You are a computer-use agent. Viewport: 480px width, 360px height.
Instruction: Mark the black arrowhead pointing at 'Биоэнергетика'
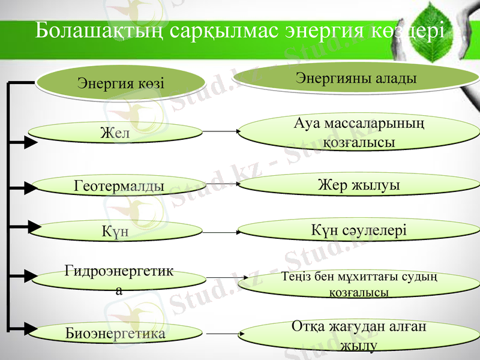pos(28,328)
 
